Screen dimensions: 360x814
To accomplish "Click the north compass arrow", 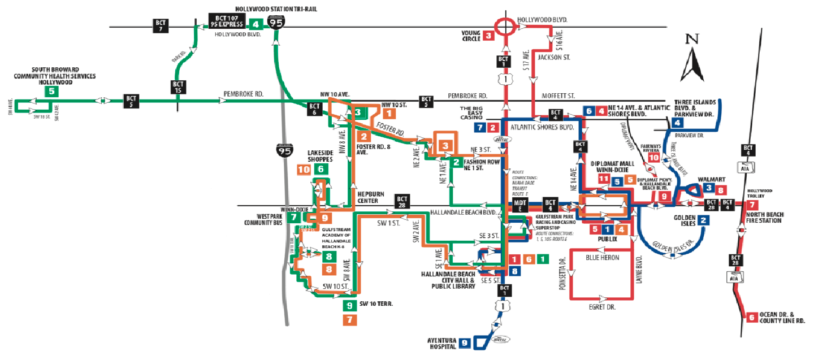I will (692, 60).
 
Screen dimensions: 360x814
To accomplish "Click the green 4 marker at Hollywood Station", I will (256, 24).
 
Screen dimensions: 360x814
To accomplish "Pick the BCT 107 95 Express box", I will (227, 20).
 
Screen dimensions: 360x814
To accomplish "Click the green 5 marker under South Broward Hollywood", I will (52, 91).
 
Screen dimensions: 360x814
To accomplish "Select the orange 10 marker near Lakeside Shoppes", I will (304, 169).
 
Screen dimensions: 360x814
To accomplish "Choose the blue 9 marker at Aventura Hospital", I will (465, 342).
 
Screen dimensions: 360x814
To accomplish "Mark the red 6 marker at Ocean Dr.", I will (751, 317).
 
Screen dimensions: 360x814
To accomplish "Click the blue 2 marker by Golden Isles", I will (704, 221).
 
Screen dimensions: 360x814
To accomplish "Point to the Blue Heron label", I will (603, 258).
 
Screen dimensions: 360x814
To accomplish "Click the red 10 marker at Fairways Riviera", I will (653, 158).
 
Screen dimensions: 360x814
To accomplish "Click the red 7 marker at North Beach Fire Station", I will (752, 205).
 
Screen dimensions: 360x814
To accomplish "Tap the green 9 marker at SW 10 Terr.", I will (350, 306).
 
